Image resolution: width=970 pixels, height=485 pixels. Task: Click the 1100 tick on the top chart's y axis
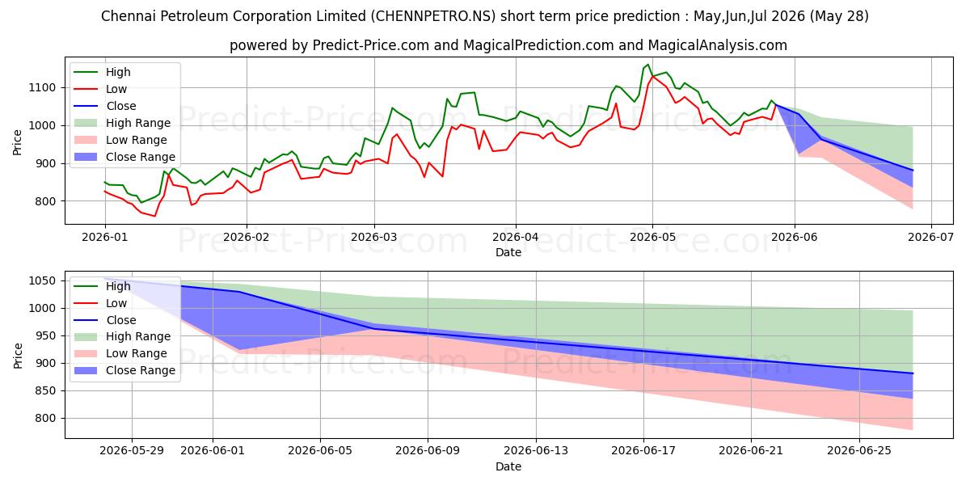coord(42,88)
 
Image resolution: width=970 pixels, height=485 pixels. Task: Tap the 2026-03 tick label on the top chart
coord(374,238)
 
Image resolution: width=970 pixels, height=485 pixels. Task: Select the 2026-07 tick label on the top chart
coord(931,238)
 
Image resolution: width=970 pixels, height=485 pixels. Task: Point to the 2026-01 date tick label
coord(105,238)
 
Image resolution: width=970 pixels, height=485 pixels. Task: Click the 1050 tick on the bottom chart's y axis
coord(42,281)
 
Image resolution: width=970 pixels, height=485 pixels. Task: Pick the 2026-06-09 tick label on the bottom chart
coord(428,451)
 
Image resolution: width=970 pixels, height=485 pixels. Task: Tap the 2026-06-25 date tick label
coord(859,451)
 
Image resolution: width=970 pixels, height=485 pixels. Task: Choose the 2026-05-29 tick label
coord(132,451)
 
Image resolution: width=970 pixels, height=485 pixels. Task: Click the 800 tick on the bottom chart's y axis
coord(45,419)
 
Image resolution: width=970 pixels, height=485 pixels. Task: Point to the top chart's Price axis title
coord(17,142)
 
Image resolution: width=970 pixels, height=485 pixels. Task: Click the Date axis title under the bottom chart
coord(508,467)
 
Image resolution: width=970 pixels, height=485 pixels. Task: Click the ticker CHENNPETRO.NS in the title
coord(433,16)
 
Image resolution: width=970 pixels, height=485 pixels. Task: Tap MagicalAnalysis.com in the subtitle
coord(718,45)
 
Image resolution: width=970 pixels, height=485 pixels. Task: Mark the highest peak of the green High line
coord(647,65)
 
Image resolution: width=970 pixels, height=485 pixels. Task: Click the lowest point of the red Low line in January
coord(154,216)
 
